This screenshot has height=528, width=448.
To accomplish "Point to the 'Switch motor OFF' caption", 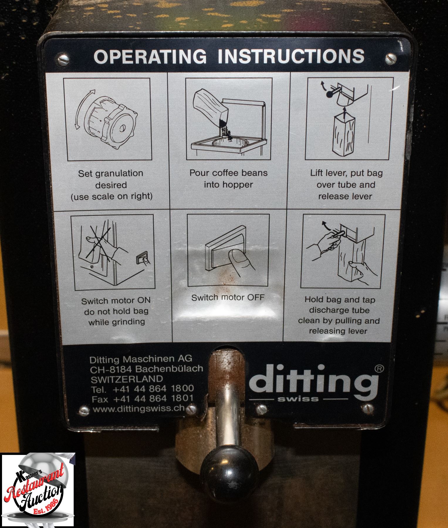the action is [x=228, y=297].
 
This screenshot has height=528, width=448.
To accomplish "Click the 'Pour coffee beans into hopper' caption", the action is [x=228, y=178].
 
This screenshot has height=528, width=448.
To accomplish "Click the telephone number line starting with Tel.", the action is [x=143, y=388].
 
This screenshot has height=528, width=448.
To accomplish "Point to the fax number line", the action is [x=143, y=398].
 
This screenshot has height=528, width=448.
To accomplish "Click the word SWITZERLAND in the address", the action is [x=127, y=378].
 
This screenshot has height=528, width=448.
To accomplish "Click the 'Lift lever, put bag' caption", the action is [x=346, y=173].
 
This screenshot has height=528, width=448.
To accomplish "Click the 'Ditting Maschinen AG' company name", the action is [x=141, y=358].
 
